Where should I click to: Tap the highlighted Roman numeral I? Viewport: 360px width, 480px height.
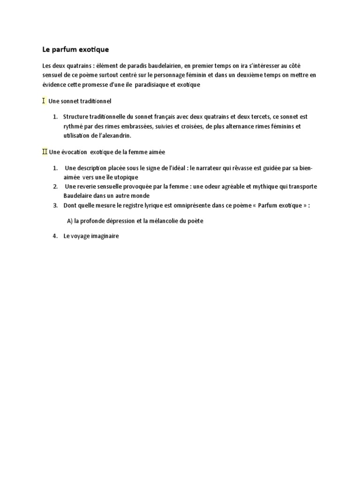pyautogui.click(x=44, y=101)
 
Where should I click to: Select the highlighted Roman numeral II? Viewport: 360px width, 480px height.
pyautogui.click(x=45, y=152)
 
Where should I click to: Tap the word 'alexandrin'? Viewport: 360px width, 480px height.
pyautogui.click(x=116, y=136)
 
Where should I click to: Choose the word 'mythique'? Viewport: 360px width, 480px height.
pyautogui.click(x=252, y=187)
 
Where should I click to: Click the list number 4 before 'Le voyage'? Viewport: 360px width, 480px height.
pyautogui.click(x=55, y=237)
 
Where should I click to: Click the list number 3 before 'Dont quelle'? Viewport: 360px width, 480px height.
pyautogui.click(x=55, y=205)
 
